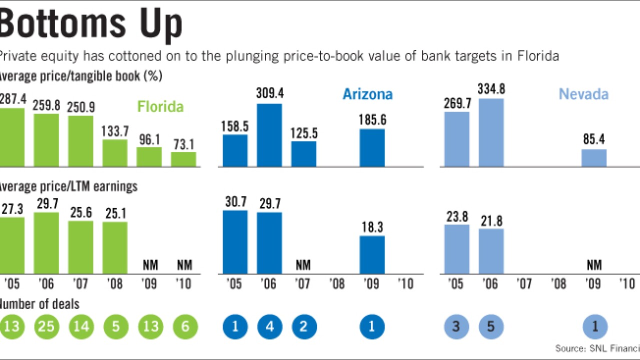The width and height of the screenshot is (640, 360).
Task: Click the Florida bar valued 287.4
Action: pos(11,137)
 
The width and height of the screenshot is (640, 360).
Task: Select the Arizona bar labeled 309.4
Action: pos(269,135)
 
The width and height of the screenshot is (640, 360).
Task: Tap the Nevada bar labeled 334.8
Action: pos(491,132)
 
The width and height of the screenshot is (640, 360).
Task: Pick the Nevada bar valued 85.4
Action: pos(593,157)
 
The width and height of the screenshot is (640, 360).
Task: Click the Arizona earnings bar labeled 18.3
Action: pos(372,254)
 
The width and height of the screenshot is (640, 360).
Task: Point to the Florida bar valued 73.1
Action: pos(183,159)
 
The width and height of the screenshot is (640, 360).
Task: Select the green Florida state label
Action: pos(160,107)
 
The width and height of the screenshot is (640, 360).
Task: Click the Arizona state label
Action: pos(367,94)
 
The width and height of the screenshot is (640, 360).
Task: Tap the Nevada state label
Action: pos(583,94)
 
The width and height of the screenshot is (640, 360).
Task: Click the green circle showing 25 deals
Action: pos(47,327)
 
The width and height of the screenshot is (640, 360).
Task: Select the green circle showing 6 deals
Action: pos(185,327)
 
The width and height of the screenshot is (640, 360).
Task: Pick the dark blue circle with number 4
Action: pos(269,327)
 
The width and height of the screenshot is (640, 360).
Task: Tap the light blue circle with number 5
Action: pos(491,327)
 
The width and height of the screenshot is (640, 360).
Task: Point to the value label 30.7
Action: pos(235,202)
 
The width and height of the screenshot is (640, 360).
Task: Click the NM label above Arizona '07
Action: pos(303,264)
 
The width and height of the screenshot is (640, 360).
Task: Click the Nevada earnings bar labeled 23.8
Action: pos(456,249)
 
